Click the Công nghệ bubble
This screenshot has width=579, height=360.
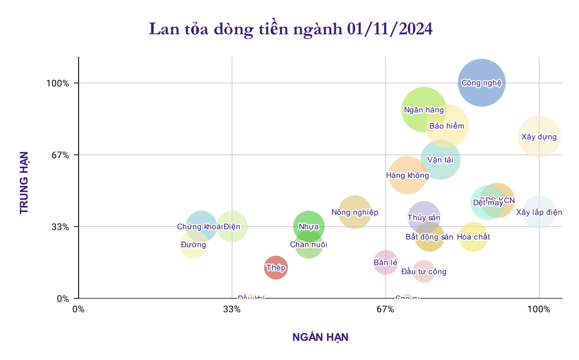click(481, 83)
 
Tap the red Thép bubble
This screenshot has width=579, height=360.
click(275, 267)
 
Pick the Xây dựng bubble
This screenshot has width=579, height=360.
click(539, 137)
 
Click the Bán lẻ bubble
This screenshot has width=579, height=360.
click(385, 262)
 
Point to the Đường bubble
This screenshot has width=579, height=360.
click(193, 245)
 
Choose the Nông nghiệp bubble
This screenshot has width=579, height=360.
click(355, 212)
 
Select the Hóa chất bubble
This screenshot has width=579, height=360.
click(473, 237)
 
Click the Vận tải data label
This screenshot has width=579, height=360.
click(441, 160)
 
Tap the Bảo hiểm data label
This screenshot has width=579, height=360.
click(447, 126)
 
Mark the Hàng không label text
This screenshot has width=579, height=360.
click(407, 175)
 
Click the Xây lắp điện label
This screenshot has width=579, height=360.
click(539, 212)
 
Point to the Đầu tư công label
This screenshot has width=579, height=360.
click(424, 272)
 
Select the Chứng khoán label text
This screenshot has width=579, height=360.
click(200, 227)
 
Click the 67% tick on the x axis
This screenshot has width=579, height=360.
click(385, 309)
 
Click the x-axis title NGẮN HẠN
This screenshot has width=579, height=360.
click(320, 337)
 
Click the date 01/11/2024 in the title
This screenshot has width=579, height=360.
click(389, 29)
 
